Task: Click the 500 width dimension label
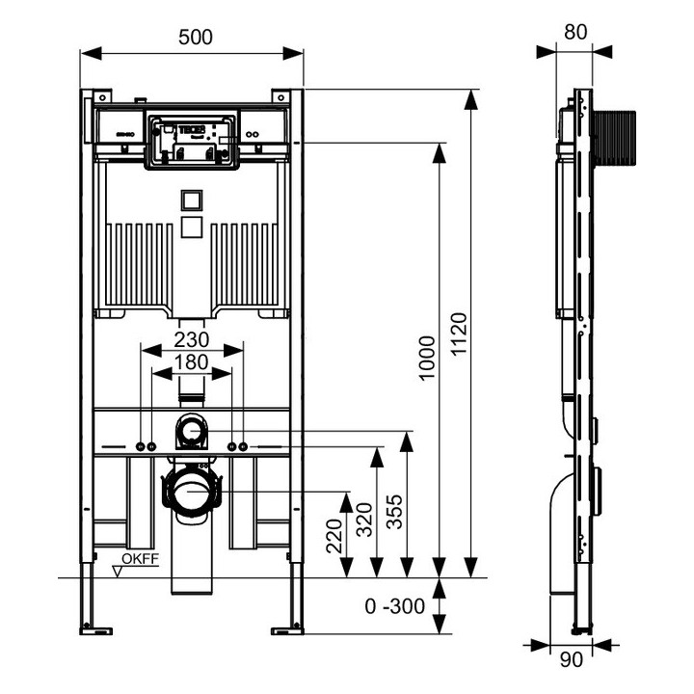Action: click(x=195, y=37)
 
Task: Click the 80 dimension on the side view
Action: click(x=575, y=31)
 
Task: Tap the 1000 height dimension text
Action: click(x=428, y=358)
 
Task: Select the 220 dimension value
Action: click(x=334, y=535)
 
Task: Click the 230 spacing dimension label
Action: click(x=193, y=340)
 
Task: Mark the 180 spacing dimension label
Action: click(x=193, y=362)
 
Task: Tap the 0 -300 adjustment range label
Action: click(x=395, y=607)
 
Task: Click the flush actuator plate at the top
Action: click(x=193, y=141)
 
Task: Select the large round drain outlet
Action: click(x=193, y=492)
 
